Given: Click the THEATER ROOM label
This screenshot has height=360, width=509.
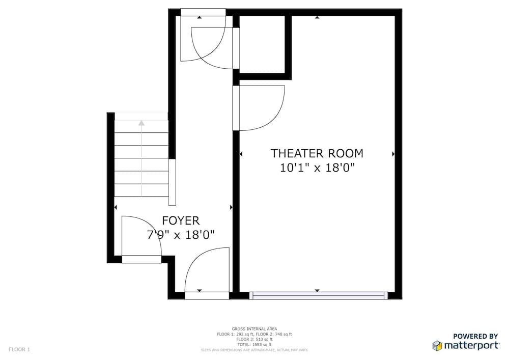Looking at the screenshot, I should (317, 153).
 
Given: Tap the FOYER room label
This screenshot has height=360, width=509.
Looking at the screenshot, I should (181, 220).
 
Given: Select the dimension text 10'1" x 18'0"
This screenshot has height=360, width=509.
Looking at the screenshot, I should (317, 168).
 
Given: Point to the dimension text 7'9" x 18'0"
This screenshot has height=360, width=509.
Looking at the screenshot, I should (181, 235).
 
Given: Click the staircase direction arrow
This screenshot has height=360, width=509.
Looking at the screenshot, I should (142, 123).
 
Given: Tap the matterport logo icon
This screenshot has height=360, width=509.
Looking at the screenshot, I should (437, 346).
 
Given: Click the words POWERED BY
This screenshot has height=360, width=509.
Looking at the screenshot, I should (475, 336).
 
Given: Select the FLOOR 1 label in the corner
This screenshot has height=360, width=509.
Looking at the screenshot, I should (19, 349).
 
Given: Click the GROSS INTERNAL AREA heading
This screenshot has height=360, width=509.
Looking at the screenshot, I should (254, 329).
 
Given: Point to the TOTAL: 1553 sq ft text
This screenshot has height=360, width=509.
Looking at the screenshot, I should (254, 345).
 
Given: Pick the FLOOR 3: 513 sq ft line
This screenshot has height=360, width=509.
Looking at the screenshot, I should (254, 339).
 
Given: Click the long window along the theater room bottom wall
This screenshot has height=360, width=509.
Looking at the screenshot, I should (318, 295).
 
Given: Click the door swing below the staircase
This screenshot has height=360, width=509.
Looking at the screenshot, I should (142, 236).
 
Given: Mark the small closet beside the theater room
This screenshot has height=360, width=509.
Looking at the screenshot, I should (262, 44).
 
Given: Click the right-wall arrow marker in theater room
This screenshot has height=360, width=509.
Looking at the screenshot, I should (393, 153).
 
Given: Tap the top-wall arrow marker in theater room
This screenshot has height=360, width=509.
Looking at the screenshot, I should (317, 17).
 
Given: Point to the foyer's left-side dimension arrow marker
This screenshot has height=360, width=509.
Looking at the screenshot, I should (116, 207).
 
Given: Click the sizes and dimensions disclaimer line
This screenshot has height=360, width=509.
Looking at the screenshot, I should (254, 350).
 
